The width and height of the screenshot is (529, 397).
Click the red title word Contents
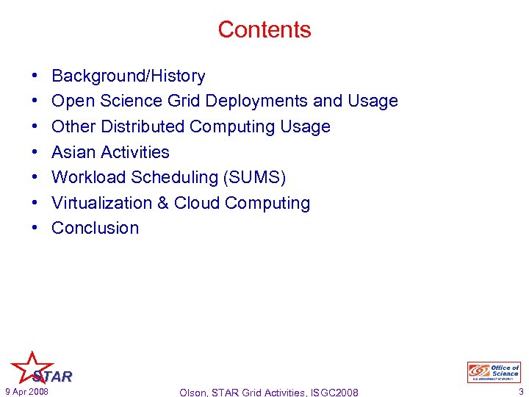[264, 29]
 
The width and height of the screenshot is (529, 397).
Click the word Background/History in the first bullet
[129, 76]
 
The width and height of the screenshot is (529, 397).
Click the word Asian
[73, 152]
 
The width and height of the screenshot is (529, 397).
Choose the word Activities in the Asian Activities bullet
[135, 152]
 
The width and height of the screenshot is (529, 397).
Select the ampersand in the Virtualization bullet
[165, 203]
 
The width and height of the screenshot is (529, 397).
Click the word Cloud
[196, 203]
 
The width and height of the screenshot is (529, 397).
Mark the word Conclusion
[96, 228]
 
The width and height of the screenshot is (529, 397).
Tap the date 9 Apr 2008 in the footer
[26, 392]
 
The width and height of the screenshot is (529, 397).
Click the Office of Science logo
[494, 372]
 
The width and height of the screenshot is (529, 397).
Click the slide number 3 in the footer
[519, 392]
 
